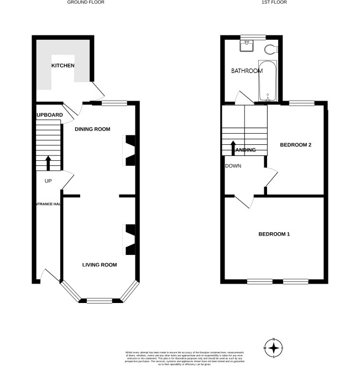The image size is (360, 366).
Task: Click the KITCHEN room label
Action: (63, 66)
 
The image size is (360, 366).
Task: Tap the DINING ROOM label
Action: (93, 129)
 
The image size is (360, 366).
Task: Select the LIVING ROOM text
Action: (100, 265)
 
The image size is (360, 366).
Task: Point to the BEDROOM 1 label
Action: (274, 234)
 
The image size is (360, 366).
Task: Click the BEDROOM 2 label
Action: (296, 145)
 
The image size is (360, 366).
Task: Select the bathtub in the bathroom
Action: (268, 82)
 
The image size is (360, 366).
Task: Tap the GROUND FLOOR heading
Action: (86, 3)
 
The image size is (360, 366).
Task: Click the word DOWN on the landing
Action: (233, 166)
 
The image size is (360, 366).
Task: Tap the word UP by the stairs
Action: (48, 181)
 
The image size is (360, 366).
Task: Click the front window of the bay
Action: (100, 301)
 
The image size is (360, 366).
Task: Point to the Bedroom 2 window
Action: (302, 102)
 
